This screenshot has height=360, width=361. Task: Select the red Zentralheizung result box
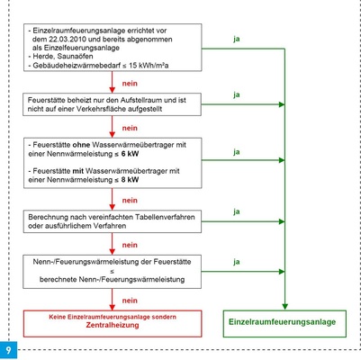(x=113, y=320)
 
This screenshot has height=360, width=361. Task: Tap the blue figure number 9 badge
(x=8, y=348)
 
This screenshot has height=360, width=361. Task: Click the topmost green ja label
(x=237, y=39)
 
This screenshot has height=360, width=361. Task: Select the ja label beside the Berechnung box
(x=237, y=212)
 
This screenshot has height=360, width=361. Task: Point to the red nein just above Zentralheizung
(x=131, y=299)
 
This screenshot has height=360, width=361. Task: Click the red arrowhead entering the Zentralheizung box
(x=113, y=306)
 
